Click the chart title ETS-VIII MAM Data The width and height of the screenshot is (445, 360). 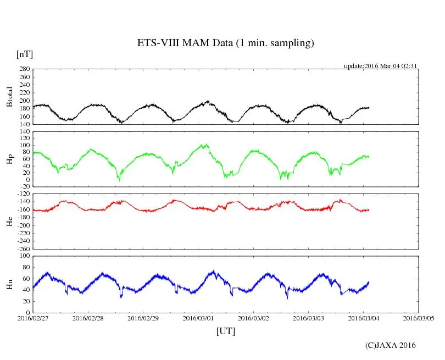coord(225,43)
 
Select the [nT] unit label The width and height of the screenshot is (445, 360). coord(24,54)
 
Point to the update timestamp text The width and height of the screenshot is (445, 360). coord(381,66)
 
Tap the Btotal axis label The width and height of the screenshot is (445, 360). coord(9,97)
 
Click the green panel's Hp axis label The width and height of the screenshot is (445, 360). coord(9,160)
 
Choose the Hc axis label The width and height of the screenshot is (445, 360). coord(9,221)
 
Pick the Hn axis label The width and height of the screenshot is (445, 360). coord(9,284)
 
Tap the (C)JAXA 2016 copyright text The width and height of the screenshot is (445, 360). coord(391,345)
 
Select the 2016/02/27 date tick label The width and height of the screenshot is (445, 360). coord(33,318)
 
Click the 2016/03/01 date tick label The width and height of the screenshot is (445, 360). coord(198,318)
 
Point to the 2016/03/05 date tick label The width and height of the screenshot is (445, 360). coord(419,318)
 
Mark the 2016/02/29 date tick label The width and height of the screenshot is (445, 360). coord(143,318)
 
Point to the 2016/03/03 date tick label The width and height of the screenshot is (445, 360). coord(309,318)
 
